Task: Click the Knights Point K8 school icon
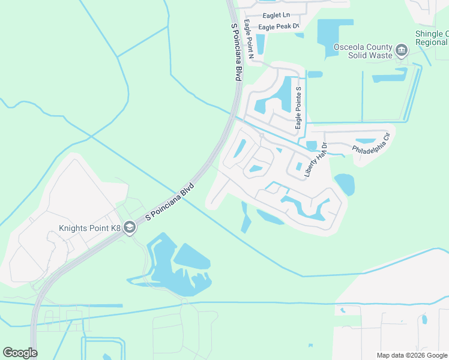point(130,229)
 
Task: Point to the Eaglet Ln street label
point(276,14)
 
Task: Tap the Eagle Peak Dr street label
point(278,27)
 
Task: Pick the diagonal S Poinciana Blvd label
point(172,200)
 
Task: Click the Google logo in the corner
point(20,353)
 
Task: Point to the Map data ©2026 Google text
point(412,355)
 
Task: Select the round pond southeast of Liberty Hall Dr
point(344,184)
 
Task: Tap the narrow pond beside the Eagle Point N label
point(261,44)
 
